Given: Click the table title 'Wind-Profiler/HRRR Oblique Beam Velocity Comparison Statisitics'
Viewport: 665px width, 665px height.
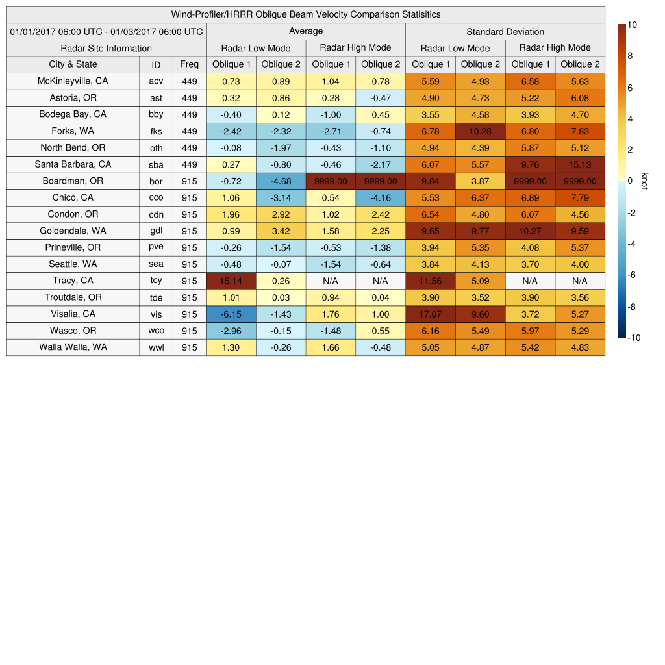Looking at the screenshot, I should coord(305,14).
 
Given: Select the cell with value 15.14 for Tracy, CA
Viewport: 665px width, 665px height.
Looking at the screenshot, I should coord(231,281).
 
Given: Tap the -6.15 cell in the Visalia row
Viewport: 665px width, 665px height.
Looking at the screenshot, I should coord(231,314).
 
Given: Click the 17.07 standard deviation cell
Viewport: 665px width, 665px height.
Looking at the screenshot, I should coord(430,314).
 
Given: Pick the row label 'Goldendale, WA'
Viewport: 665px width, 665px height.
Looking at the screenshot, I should coord(73,231).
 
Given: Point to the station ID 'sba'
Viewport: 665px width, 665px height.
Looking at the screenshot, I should coord(156,165).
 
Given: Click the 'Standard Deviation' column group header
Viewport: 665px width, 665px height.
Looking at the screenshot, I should coord(505,32).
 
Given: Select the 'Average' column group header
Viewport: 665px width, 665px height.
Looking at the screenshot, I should coord(305,31).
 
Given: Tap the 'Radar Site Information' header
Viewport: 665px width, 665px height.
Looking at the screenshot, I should coord(106,48).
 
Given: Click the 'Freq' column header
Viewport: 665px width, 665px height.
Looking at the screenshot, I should coord(189,64).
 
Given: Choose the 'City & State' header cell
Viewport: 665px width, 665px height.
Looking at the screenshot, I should coord(73,64).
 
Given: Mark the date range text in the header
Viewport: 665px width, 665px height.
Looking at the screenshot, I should coord(106,32).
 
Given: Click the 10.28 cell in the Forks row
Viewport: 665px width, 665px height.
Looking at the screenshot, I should coord(480,131).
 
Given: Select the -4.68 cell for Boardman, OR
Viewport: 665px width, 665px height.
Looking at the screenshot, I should coord(281,181).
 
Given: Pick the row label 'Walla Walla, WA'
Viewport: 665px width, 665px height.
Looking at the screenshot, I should coord(73,347).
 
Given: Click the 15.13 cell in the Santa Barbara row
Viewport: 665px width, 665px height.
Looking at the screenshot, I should coord(580,165).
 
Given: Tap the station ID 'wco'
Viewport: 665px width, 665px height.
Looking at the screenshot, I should coord(156,331).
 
